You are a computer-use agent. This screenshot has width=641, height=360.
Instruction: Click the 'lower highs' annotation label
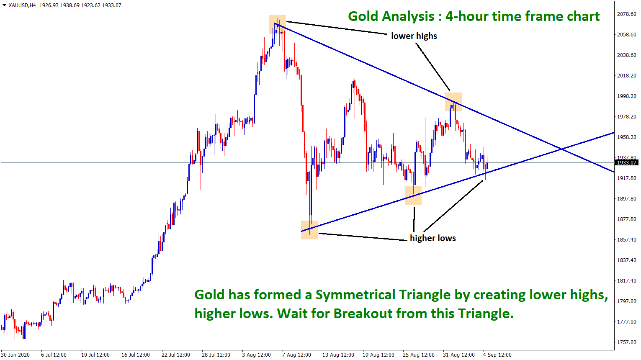point(414,36)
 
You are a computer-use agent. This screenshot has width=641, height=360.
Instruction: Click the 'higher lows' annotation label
point(432,238)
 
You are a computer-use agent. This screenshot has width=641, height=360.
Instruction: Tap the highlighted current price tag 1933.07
point(627,162)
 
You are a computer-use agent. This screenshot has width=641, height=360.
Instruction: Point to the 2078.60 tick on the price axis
point(626,14)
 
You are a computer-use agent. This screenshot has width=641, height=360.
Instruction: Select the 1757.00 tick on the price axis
point(626,342)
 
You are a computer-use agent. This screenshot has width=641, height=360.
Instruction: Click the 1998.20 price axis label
point(626,96)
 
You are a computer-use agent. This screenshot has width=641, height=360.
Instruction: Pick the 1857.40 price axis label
point(626,240)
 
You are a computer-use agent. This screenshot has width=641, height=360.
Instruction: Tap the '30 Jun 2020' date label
point(15,355)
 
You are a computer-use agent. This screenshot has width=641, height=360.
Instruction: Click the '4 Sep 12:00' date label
point(497,355)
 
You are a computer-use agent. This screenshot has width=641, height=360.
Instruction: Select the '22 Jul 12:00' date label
point(176,355)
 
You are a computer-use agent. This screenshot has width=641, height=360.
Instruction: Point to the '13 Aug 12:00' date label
point(338,355)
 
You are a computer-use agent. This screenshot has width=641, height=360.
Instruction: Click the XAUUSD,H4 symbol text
point(22,5)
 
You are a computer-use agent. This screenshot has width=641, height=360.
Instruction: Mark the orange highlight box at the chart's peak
point(278,24)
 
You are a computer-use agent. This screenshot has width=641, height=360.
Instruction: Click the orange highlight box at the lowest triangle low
point(309,230)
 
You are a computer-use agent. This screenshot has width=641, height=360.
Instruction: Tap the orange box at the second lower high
point(453,102)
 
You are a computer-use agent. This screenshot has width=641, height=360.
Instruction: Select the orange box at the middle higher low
point(413,196)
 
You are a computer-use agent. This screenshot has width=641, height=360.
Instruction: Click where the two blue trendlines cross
point(562,149)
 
